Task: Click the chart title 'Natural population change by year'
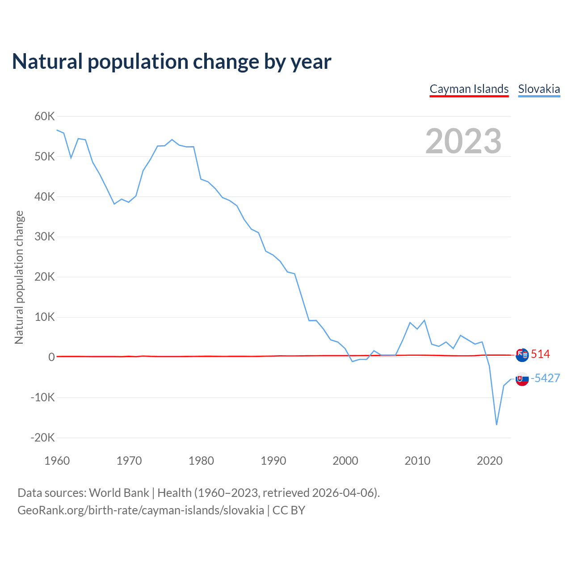[x=172, y=62]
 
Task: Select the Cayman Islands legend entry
[x=469, y=89]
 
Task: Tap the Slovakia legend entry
[x=539, y=89]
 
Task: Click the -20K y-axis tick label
[x=43, y=437]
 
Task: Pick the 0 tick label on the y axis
[x=52, y=357]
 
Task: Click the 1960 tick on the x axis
[x=57, y=461]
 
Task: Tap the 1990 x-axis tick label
[x=273, y=461]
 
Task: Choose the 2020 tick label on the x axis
[x=490, y=461]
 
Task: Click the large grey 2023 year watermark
[x=463, y=141]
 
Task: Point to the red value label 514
[x=540, y=354]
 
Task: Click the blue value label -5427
[x=545, y=378]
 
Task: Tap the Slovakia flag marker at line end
[x=522, y=379]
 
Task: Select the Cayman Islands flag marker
[x=522, y=355]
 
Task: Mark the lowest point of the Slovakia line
[x=496, y=425]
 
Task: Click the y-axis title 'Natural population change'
[x=19, y=277]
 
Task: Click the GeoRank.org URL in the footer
[x=141, y=510]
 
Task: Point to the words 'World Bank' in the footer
[x=119, y=493]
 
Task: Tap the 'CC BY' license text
[x=289, y=510]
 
